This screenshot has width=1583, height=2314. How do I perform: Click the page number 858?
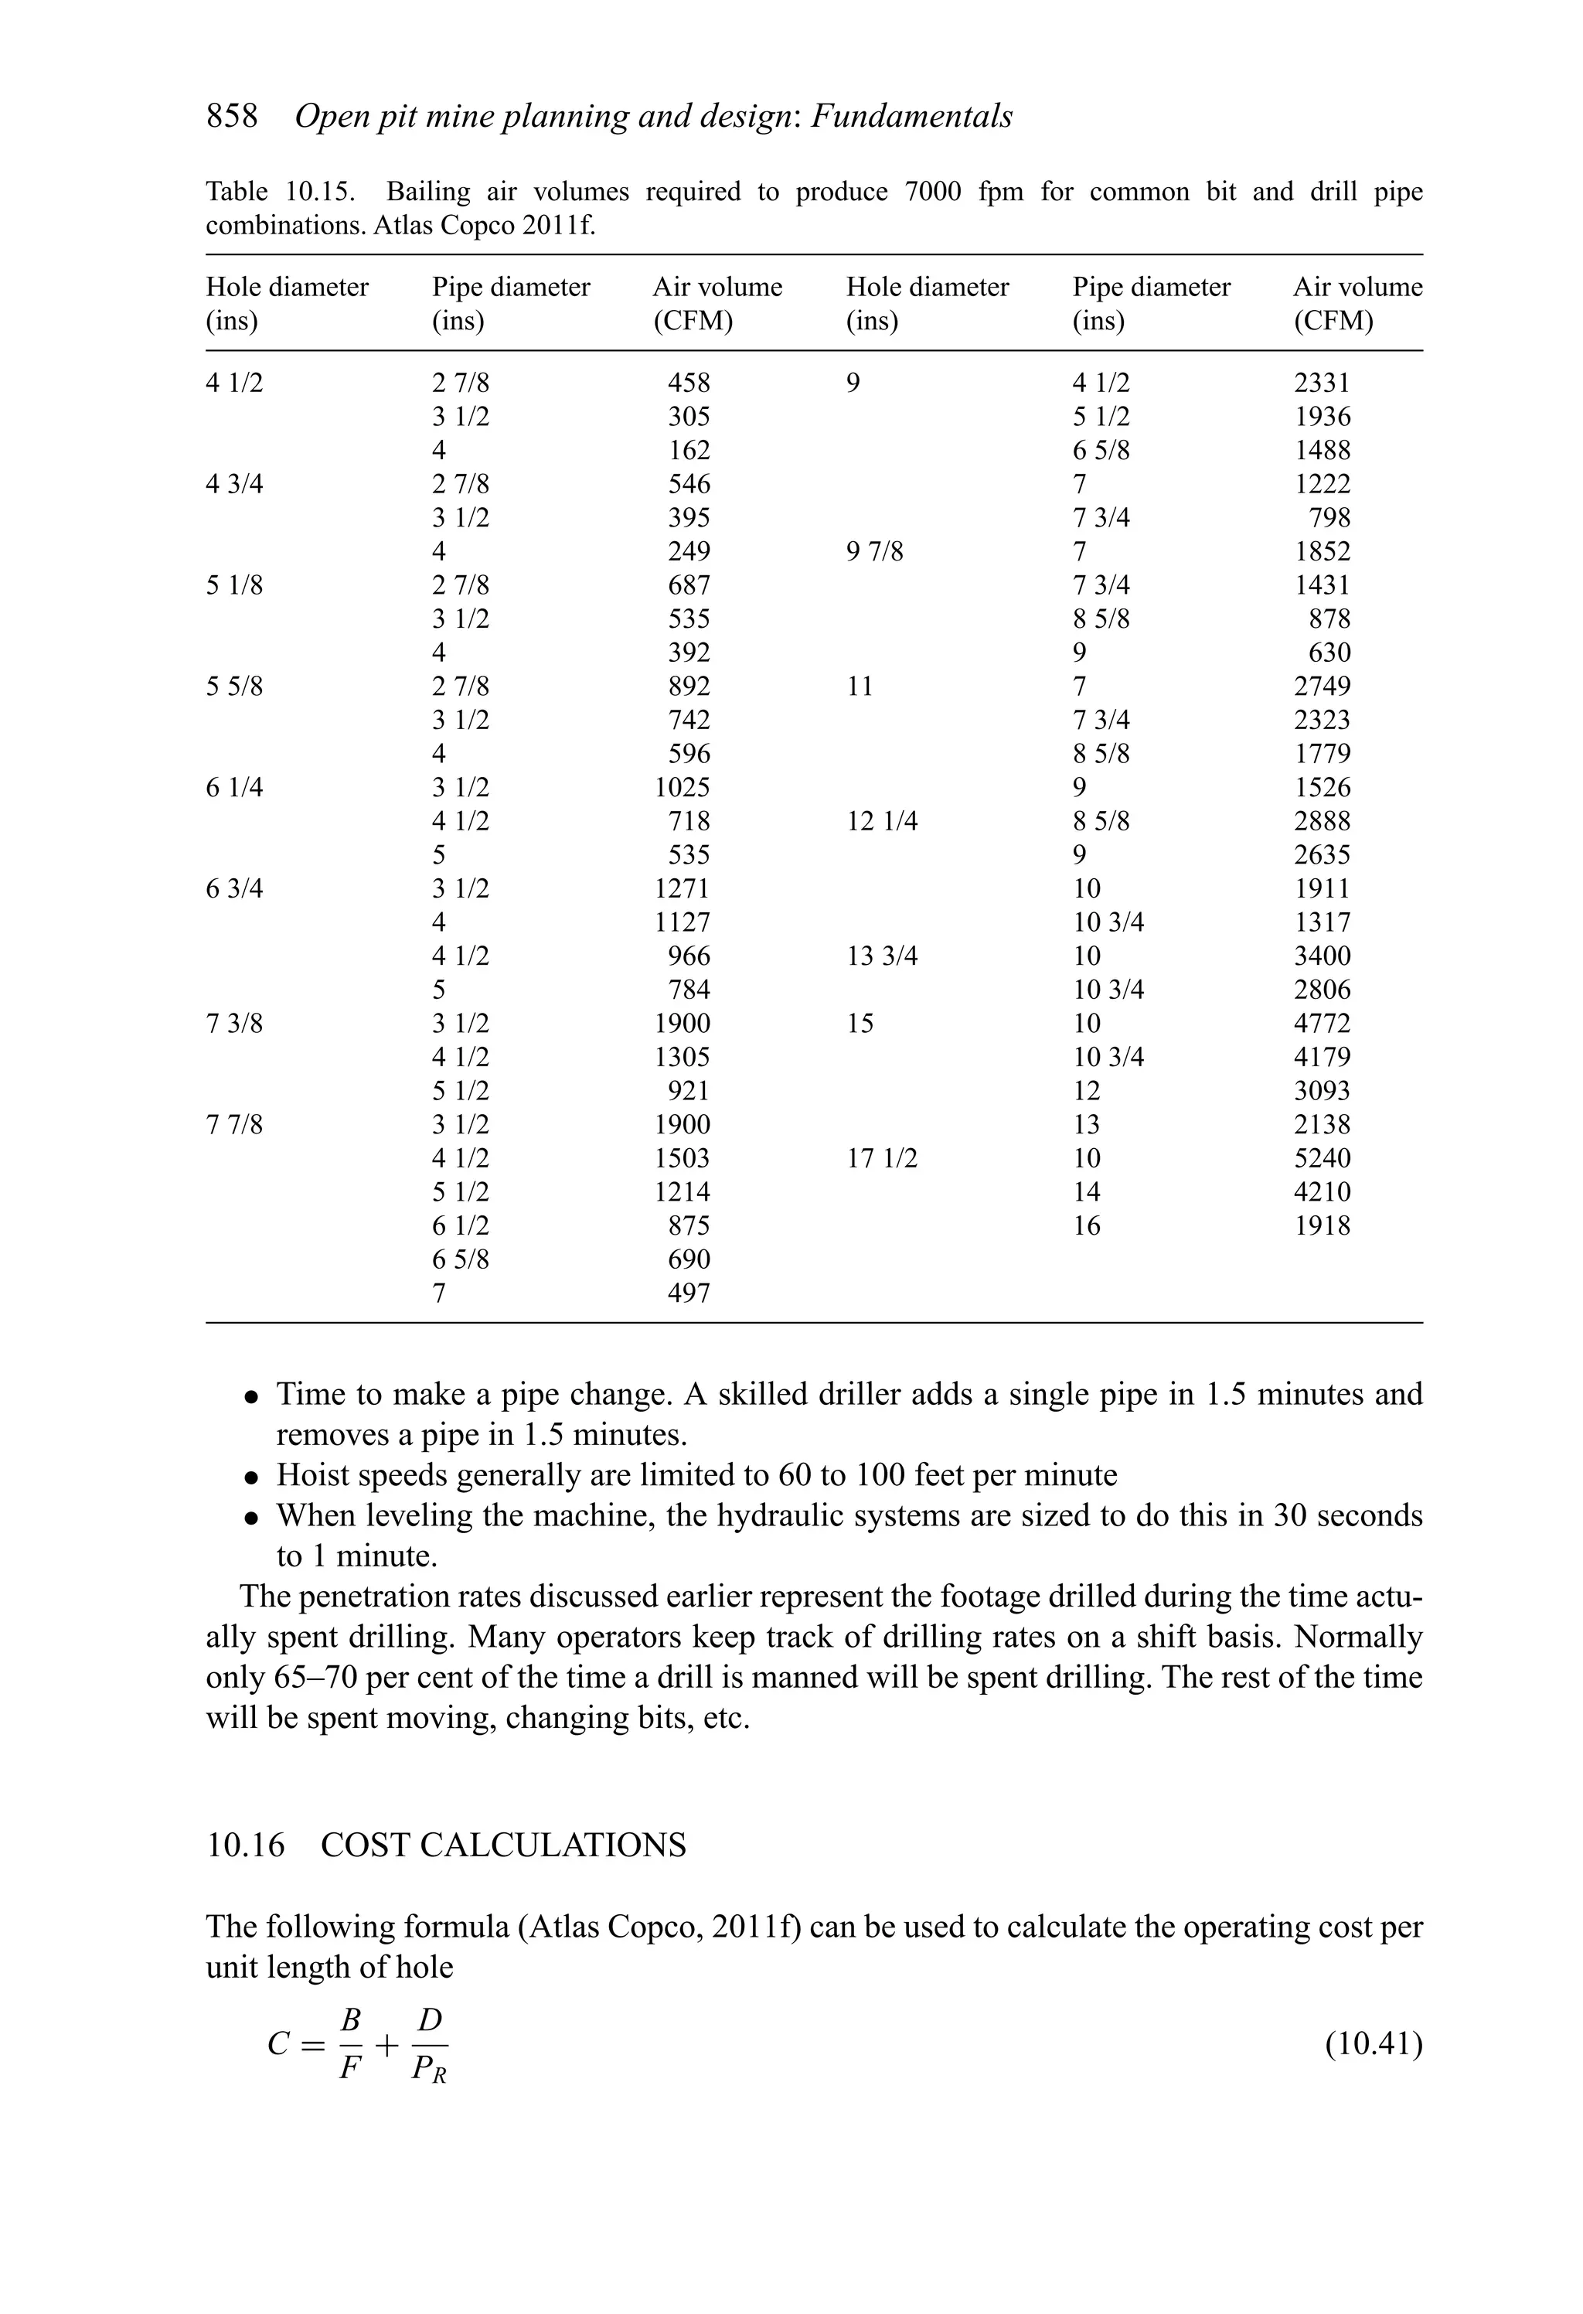point(231,118)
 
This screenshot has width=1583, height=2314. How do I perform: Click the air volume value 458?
point(688,383)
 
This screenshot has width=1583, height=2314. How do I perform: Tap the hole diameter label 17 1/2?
point(881,1159)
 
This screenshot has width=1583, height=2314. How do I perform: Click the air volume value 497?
point(688,1294)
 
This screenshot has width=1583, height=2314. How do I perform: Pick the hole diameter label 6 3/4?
point(234,889)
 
